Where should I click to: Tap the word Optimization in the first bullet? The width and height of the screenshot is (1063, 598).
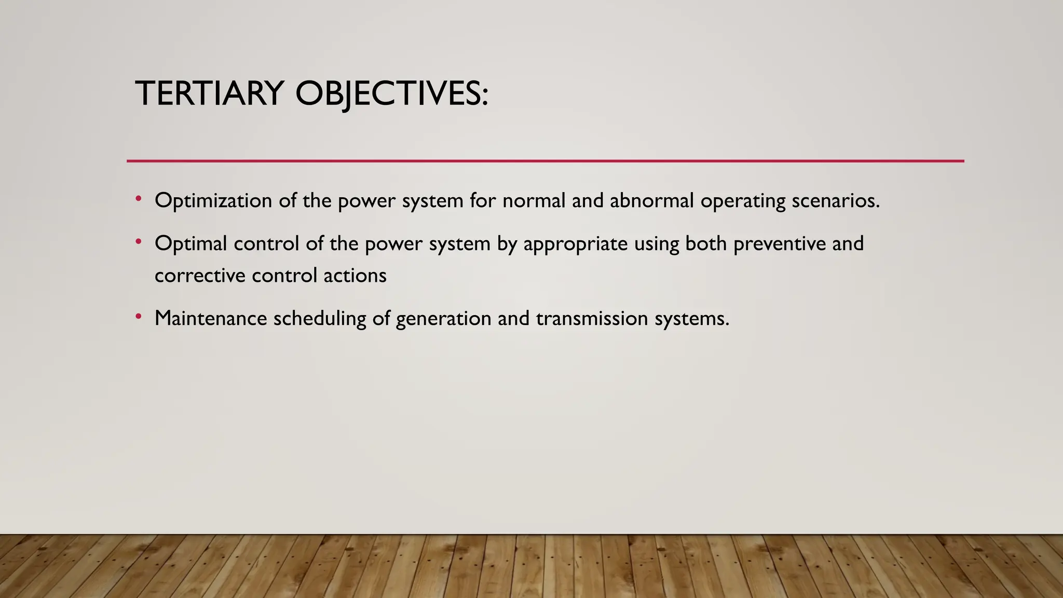pos(213,201)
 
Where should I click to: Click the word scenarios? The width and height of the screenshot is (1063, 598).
pos(836,200)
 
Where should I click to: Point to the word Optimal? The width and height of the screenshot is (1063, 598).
pos(190,243)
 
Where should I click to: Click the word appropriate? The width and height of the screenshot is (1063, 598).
pos(575,244)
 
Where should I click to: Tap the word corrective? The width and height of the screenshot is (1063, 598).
pos(200,276)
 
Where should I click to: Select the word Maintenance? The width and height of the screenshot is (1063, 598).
pos(211,318)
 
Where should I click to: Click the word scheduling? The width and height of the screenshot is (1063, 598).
pos(320,319)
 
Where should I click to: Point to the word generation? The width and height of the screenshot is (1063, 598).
pos(443,319)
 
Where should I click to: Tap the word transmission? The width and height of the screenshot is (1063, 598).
pos(592,318)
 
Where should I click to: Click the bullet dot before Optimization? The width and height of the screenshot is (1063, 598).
pos(138,198)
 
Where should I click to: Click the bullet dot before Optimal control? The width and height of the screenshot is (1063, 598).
pos(138,241)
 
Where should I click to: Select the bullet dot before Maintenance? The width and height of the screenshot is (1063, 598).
pos(138,316)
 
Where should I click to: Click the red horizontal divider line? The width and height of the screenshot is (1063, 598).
pos(545,161)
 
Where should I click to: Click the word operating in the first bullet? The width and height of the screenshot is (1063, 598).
pos(743,201)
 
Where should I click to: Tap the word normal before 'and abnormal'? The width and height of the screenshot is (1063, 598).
pos(534,200)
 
